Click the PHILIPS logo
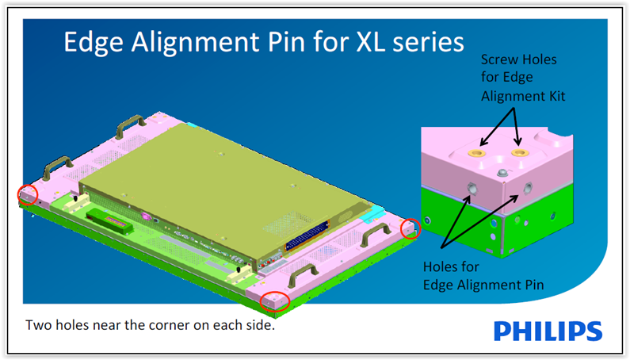tap(548, 330)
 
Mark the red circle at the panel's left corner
tap(27, 194)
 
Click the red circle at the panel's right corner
tap(410, 229)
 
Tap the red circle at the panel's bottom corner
tap(274, 301)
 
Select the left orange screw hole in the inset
tap(476, 152)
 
